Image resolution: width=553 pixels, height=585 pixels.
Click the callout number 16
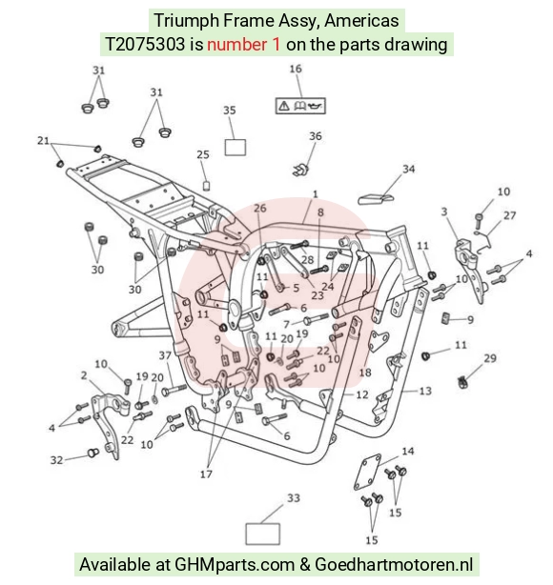pos(296,69)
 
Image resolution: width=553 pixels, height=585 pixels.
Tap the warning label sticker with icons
pos(300,106)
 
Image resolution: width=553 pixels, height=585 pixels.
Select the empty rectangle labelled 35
pos(236,147)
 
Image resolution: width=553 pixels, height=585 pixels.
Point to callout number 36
pos(316,136)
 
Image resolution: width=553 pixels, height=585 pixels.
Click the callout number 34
pos(408,169)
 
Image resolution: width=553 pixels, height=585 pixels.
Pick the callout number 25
pos(203,154)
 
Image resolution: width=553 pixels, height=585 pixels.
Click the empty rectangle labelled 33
pos(263,534)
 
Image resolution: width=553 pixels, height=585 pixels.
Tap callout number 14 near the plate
pos(408,451)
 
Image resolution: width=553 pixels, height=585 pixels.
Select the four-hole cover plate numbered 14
pos(367,472)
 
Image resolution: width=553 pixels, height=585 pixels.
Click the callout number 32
pos(57,460)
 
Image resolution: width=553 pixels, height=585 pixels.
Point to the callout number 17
pos(206,474)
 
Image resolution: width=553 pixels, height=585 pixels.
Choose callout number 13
pos(425,391)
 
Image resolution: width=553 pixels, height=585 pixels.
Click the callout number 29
pos(490,358)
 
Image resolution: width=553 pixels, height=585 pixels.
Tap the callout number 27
pos(510,215)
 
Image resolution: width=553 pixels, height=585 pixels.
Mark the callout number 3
pos(444,212)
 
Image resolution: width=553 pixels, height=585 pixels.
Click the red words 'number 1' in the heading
pos(243,45)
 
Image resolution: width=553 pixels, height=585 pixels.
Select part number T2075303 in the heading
pos(145,45)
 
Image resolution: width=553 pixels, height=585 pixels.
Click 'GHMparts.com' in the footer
pos(235,564)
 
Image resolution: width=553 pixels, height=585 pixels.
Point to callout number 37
pos(165,355)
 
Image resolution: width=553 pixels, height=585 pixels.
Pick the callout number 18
pos(365,373)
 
